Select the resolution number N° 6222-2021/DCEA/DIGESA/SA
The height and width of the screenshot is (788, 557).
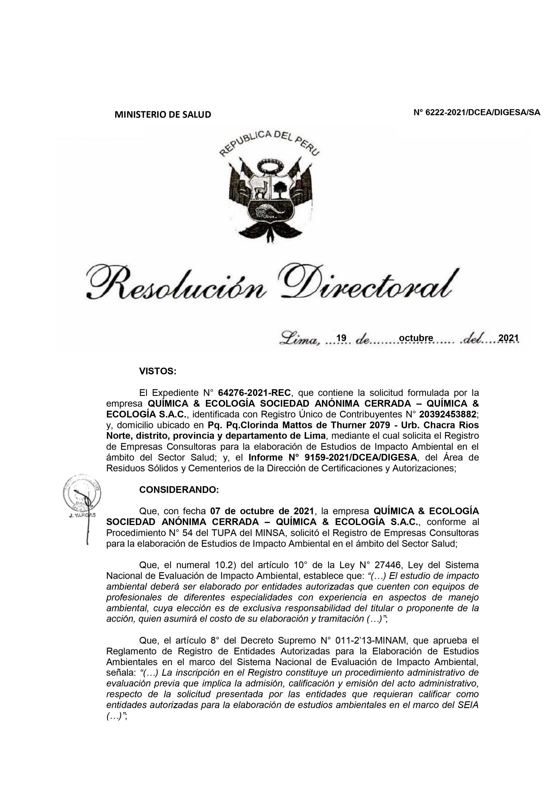[477, 113]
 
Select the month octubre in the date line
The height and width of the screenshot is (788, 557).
[416, 338]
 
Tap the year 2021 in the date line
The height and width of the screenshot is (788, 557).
[508, 338]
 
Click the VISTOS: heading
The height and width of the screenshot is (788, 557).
[158, 371]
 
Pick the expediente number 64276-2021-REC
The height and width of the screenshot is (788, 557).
[254, 393]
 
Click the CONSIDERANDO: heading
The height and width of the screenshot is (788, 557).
[179, 490]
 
